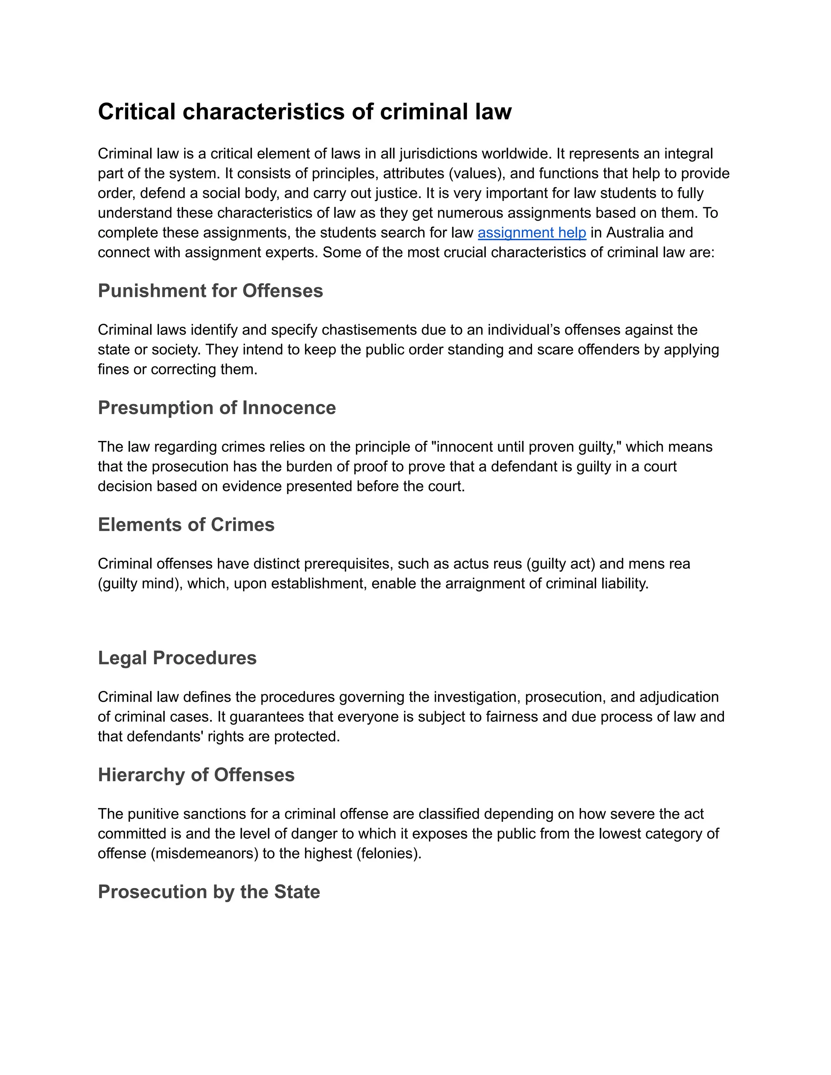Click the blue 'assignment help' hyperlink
pyautogui.click(x=532, y=233)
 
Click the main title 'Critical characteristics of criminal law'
pyautogui.click(x=305, y=112)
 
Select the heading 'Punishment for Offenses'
pyautogui.click(x=210, y=291)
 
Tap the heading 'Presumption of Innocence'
pyautogui.click(x=217, y=408)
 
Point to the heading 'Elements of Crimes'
pyautogui.click(x=186, y=525)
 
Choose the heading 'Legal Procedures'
pyautogui.click(x=177, y=658)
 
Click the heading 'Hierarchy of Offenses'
pyautogui.click(x=196, y=775)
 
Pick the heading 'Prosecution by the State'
pyautogui.click(x=209, y=892)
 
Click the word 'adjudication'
pyautogui.click(x=679, y=697)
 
